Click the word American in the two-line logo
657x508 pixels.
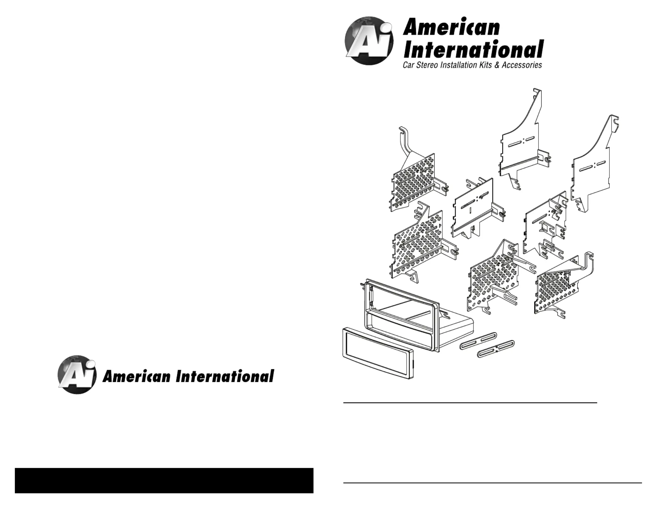(x=451, y=27)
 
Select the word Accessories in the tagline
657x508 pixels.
(x=522, y=65)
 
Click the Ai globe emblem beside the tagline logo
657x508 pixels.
(x=369, y=41)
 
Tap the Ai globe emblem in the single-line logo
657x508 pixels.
(x=77, y=374)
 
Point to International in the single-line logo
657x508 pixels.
(x=225, y=376)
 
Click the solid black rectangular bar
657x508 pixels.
(x=164, y=480)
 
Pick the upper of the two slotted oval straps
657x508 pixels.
(x=478, y=341)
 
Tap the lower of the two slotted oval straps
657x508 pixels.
(x=496, y=349)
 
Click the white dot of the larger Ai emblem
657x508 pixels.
(x=387, y=27)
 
